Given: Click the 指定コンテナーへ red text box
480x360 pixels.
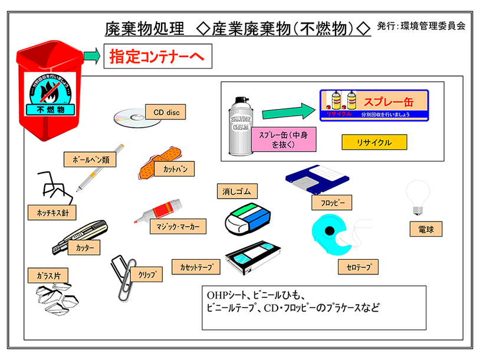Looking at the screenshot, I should coord(157,58).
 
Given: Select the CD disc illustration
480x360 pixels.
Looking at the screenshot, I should coord(129,117).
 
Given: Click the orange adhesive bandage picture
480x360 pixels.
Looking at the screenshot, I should coord(154,163).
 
